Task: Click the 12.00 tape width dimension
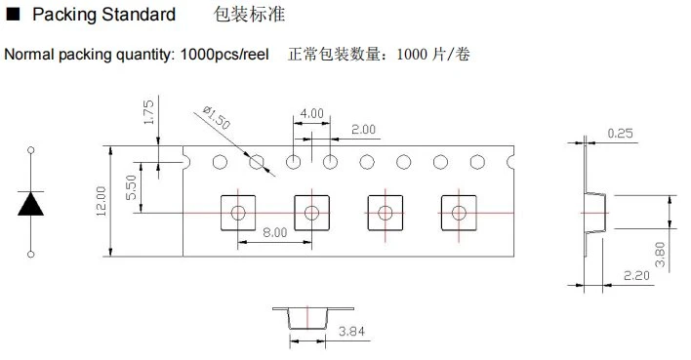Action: click(x=102, y=201)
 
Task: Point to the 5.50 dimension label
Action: click(x=131, y=187)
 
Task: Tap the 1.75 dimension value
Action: click(x=149, y=112)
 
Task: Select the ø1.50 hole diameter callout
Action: click(x=217, y=118)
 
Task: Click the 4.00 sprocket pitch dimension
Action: click(x=312, y=114)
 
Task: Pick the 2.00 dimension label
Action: click(x=364, y=130)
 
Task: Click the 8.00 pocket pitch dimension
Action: click(x=275, y=232)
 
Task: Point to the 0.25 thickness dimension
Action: click(x=620, y=133)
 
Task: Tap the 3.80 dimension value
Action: click(x=660, y=255)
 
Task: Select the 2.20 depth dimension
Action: click(x=636, y=276)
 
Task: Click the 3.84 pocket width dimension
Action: click(x=351, y=332)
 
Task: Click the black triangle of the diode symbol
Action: click(x=31, y=204)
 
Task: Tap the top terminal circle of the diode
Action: click(x=31, y=150)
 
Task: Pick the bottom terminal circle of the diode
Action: click(x=31, y=255)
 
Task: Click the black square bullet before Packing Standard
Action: click(x=14, y=14)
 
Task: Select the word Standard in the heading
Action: click(x=139, y=15)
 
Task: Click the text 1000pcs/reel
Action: click(x=224, y=55)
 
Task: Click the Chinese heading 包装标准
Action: click(x=250, y=14)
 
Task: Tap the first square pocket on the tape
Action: click(x=238, y=213)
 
